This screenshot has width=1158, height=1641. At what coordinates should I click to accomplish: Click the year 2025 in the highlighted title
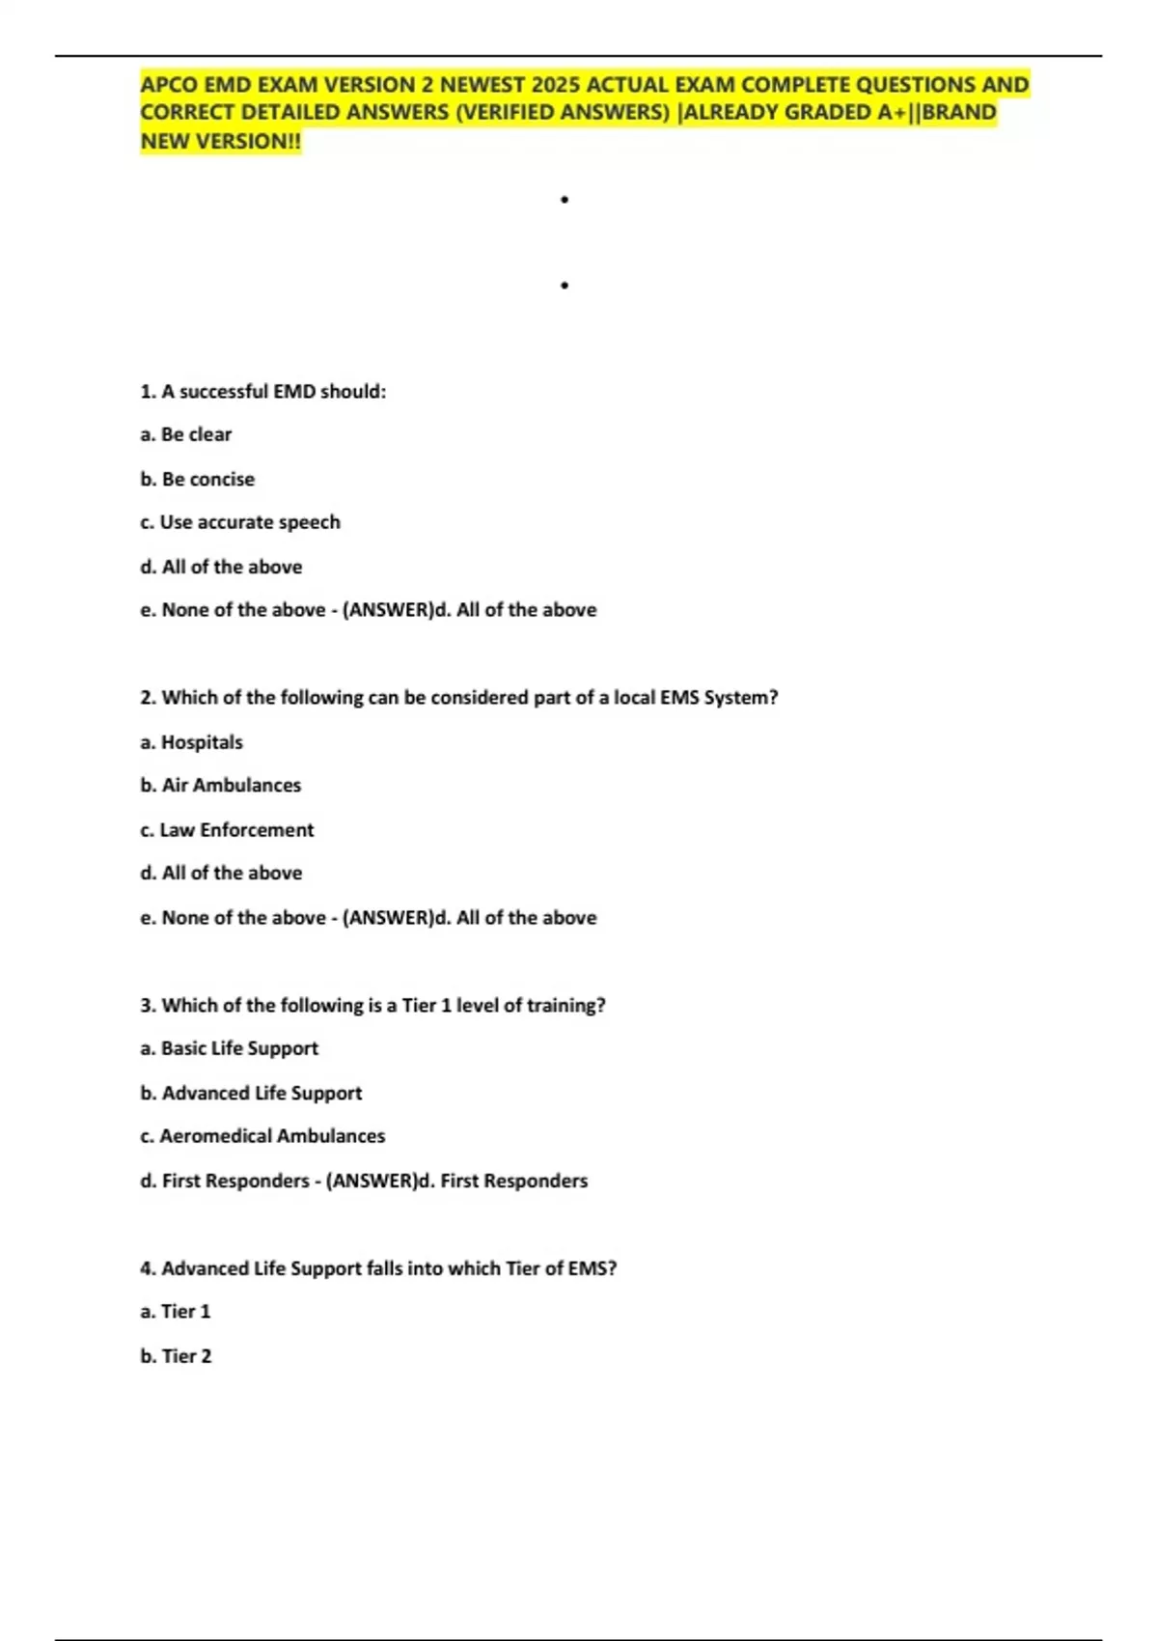click(x=554, y=85)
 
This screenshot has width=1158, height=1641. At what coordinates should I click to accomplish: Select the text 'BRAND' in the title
click(x=959, y=113)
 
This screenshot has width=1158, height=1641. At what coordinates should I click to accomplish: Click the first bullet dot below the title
click(x=565, y=200)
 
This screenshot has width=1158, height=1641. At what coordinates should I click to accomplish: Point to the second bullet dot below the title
click(x=565, y=286)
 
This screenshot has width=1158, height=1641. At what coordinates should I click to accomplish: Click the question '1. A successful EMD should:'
click(x=263, y=392)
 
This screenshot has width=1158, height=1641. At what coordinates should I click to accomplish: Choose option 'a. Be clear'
click(x=186, y=434)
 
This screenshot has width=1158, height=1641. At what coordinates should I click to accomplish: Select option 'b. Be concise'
click(x=198, y=479)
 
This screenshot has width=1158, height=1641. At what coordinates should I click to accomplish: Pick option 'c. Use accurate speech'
click(x=240, y=522)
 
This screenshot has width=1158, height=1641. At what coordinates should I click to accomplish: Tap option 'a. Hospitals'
click(x=191, y=742)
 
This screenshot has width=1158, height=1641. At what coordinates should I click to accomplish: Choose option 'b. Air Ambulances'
click(x=220, y=786)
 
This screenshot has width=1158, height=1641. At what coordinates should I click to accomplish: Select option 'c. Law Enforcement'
click(x=227, y=830)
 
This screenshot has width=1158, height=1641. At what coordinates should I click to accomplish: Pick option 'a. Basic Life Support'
click(x=229, y=1048)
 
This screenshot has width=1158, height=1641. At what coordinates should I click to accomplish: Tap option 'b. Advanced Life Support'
click(x=251, y=1093)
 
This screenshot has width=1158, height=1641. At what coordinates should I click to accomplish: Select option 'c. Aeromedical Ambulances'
click(x=262, y=1136)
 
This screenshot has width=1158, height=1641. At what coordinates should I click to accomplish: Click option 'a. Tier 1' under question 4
click(x=175, y=1312)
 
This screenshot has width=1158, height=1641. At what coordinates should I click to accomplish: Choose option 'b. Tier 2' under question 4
click(x=176, y=1356)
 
